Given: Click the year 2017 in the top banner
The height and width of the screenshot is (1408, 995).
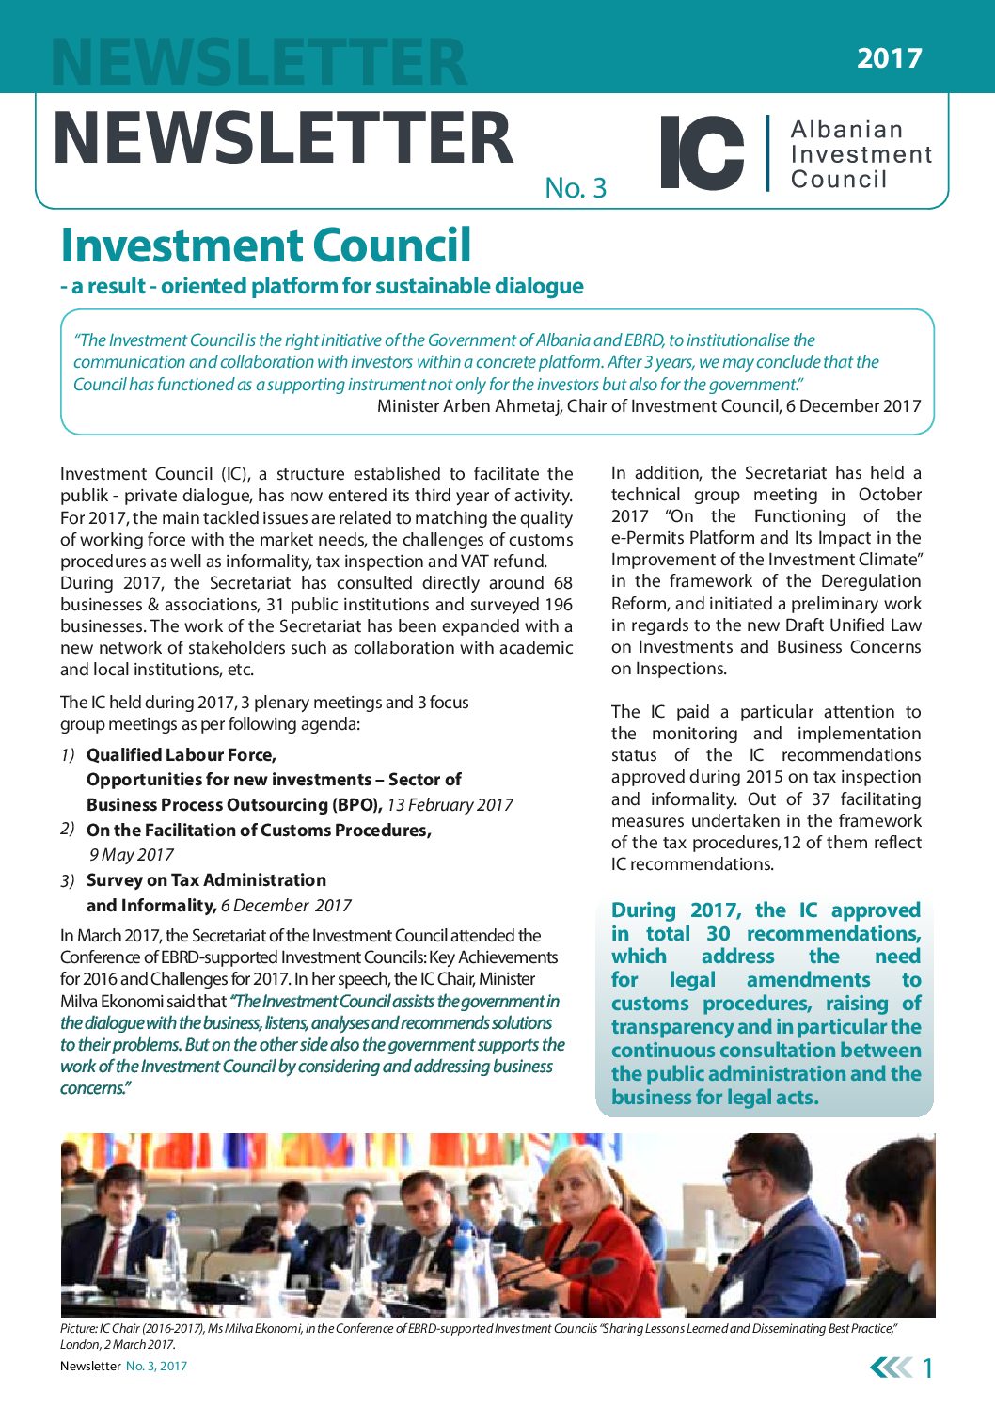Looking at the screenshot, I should point(889,58).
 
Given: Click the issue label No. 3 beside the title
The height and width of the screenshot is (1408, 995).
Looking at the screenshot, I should point(576,188).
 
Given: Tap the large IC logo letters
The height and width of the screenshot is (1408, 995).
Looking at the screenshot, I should point(702,152).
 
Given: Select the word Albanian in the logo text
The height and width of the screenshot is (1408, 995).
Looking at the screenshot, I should point(846,130).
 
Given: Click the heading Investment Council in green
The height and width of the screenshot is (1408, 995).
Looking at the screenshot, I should point(265,245).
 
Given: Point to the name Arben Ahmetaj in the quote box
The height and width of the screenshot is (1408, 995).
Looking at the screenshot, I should point(513,406).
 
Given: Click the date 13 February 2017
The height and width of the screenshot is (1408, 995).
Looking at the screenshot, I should point(450,805).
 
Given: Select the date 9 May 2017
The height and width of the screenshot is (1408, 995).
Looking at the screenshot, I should point(132,855).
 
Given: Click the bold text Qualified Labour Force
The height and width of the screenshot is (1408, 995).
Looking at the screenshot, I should point(181,755).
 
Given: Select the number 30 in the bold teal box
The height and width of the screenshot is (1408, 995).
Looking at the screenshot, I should point(718,934).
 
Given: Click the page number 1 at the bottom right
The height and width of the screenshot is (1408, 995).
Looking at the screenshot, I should point(927,1368).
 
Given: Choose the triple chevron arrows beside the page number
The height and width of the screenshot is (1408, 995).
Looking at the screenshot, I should point(891,1368).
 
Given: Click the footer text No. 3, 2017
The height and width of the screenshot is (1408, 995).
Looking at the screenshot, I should point(156,1367).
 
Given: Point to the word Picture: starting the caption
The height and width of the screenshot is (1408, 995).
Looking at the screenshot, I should point(78,1328).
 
